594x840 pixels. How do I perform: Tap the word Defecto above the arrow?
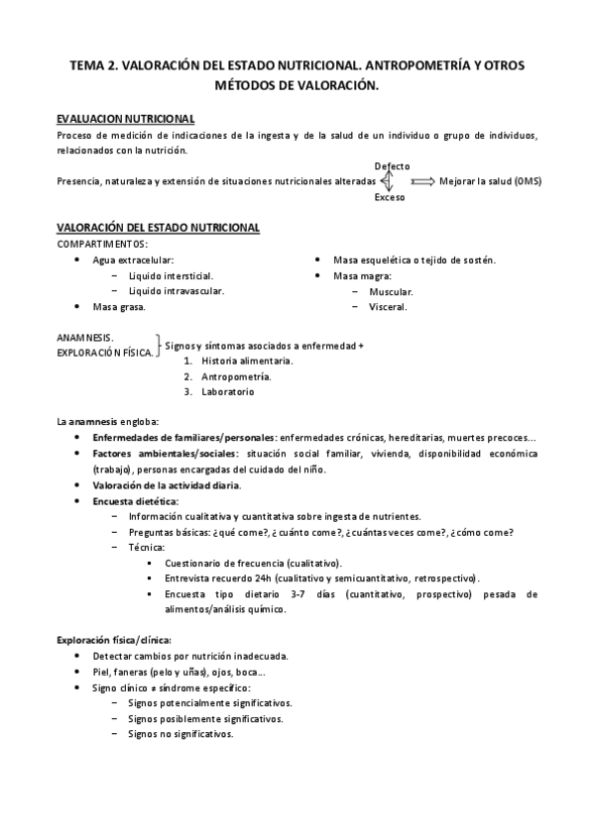click(x=392, y=165)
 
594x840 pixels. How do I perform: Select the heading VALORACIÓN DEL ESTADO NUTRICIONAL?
click(x=158, y=228)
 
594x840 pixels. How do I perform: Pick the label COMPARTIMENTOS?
click(x=103, y=244)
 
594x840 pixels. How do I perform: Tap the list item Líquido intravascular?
click(x=182, y=291)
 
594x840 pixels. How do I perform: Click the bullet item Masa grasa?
click(x=118, y=307)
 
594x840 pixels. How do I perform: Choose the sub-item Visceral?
click(x=387, y=307)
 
